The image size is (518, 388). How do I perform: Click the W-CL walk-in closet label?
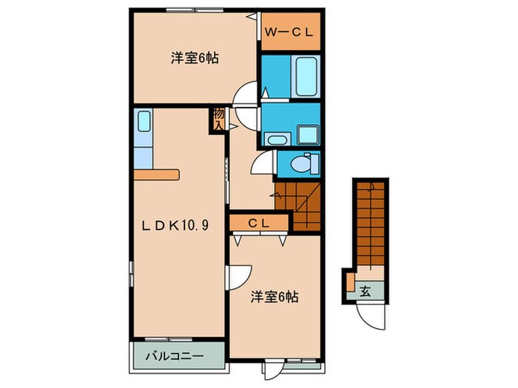tap(291, 32)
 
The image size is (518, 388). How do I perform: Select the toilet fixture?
tap(302, 163)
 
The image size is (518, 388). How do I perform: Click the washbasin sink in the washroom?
tap(278, 139)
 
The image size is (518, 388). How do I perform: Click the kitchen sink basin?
tap(144, 121)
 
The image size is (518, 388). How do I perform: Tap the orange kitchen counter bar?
tap(157, 175)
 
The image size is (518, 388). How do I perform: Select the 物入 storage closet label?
tap(218, 119)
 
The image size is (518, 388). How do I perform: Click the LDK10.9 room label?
tap(176, 225)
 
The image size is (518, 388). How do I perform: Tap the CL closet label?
tap(258, 222)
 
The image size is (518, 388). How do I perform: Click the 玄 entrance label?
tap(366, 290)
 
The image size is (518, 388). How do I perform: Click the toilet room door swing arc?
tap(263, 163)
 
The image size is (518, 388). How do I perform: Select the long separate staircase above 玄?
tap(369, 225)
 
